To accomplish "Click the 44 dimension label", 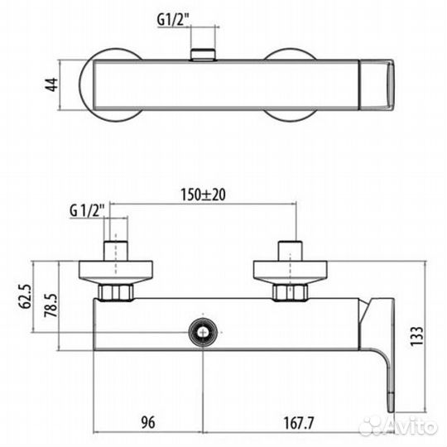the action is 52,84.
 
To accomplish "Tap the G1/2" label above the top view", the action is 173,20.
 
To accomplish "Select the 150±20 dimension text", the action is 203,195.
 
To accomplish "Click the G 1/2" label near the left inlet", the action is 88,211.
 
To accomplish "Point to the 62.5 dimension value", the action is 26,296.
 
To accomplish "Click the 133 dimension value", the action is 416,336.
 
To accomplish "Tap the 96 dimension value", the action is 148,422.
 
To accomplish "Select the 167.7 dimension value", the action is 299,423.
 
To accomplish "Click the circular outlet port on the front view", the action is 203,333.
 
